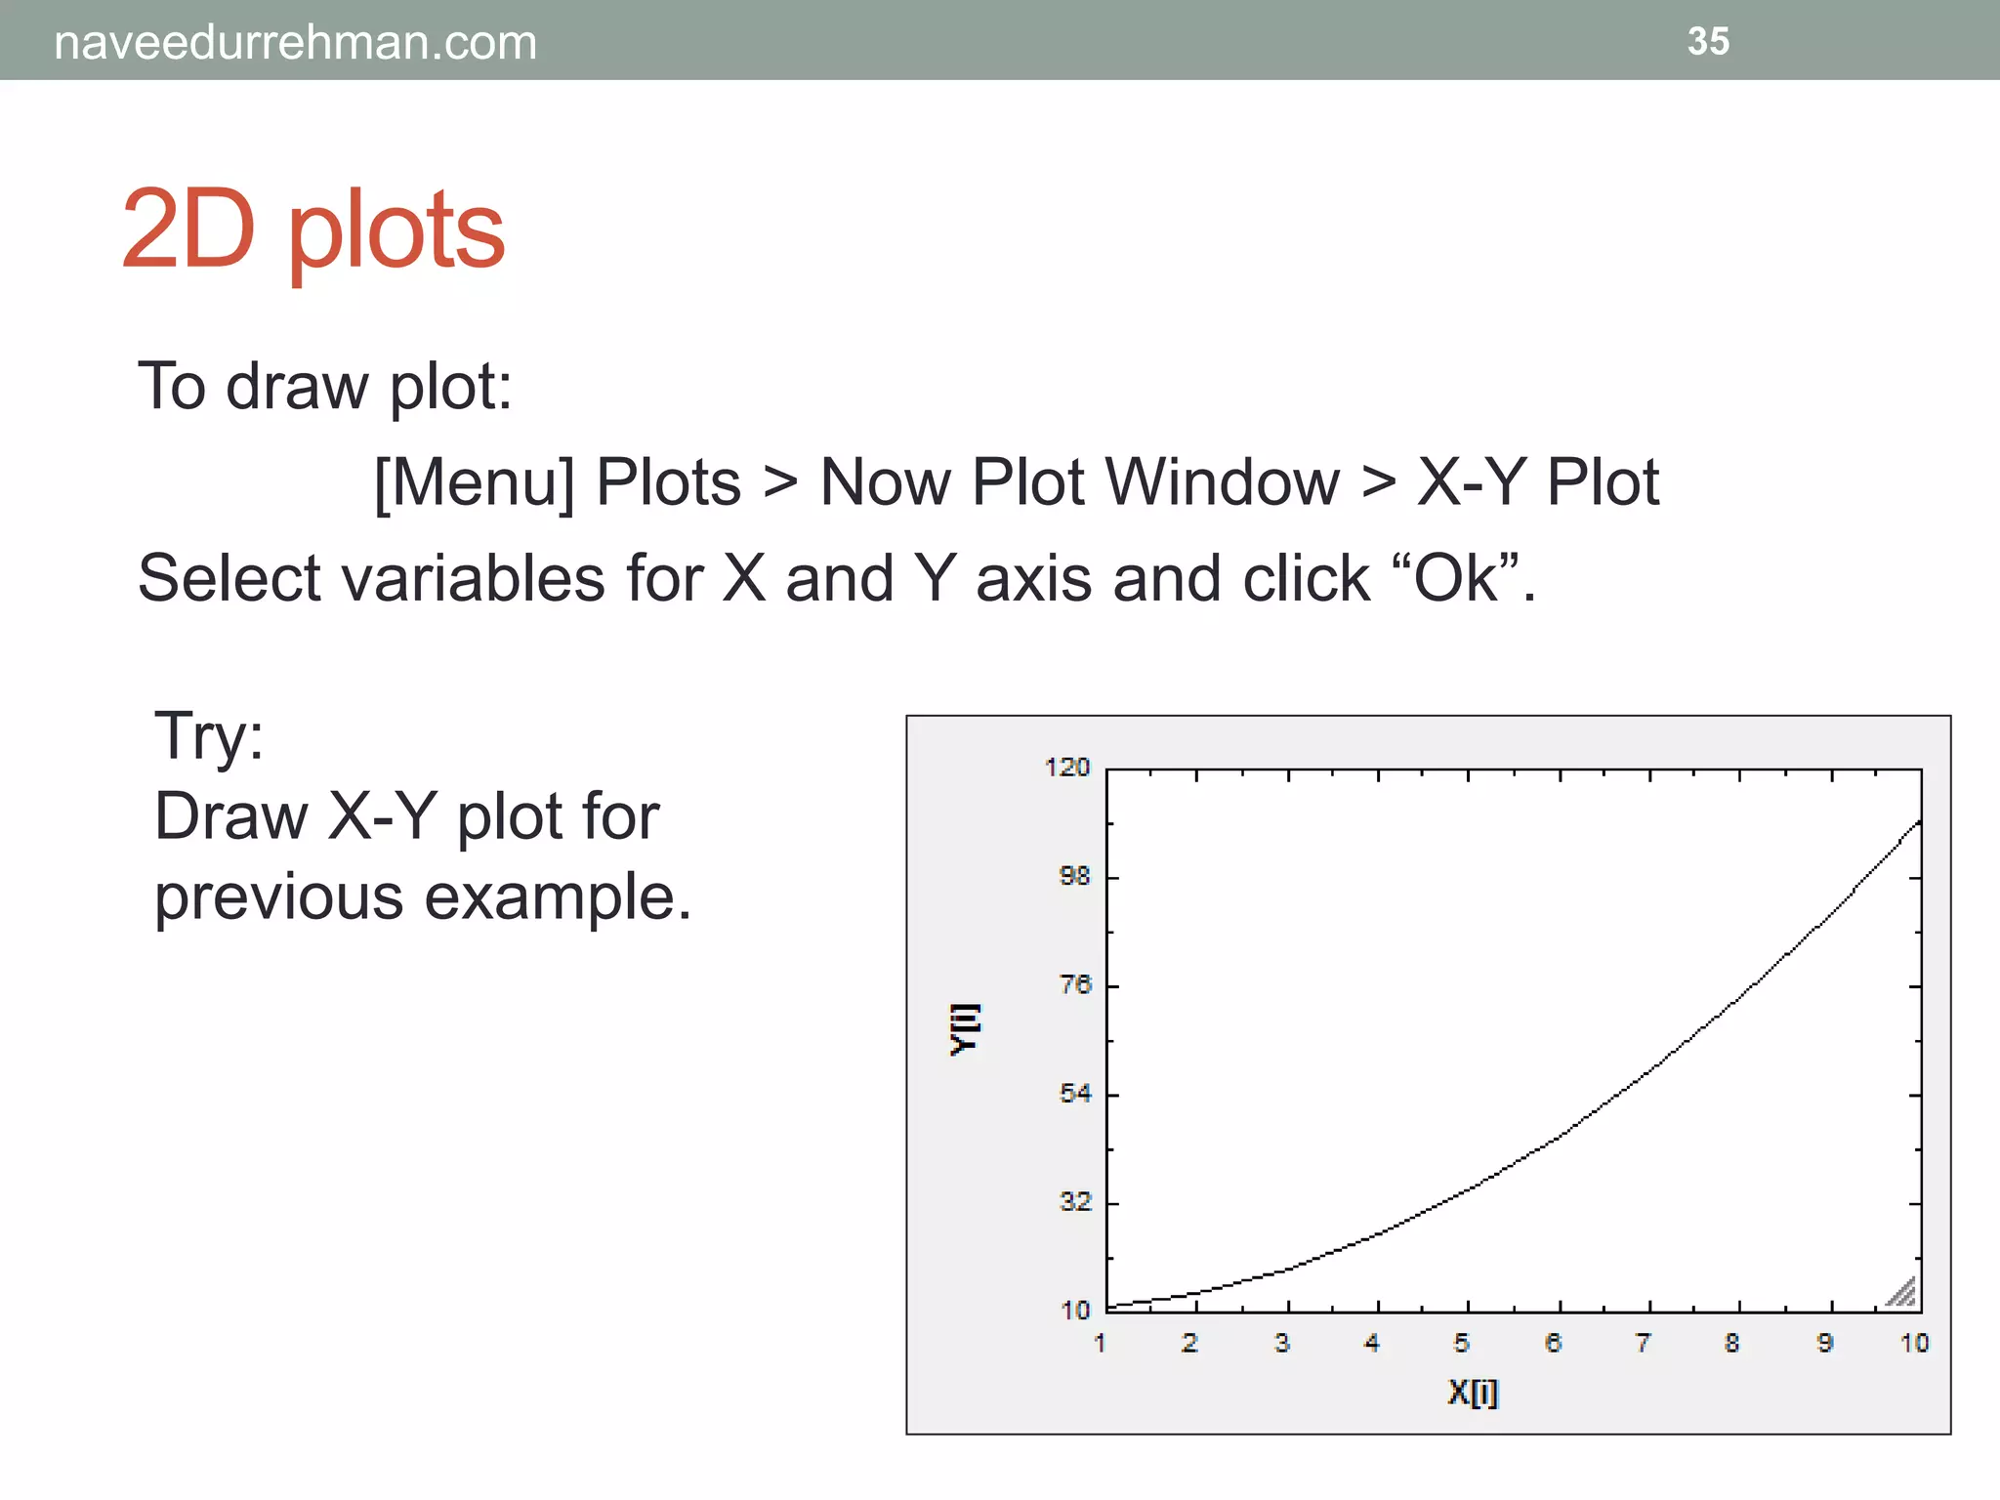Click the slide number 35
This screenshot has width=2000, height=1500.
(x=1708, y=41)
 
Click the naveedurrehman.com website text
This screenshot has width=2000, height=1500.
(x=295, y=43)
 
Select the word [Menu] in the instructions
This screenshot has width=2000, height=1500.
(x=475, y=482)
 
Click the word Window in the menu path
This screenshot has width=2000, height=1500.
(x=1223, y=482)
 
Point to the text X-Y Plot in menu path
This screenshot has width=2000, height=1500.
(x=1537, y=482)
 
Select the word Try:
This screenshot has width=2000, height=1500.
(x=209, y=735)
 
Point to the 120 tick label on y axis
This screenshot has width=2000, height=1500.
(x=1066, y=768)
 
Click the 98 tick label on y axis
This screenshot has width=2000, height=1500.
(x=1074, y=876)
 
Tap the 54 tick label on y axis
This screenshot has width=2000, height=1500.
(x=1074, y=1093)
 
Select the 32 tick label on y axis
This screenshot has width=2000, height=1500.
(x=1074, y=1202)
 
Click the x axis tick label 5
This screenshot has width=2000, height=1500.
(x=1461, y=1344)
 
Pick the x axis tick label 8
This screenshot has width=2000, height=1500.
(x=1731, y=1344)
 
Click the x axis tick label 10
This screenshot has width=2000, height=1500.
(x=1914, y=1344)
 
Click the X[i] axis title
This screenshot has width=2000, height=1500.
(x=1472, y=1392)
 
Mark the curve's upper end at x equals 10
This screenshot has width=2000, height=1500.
(x=1919, y=822)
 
